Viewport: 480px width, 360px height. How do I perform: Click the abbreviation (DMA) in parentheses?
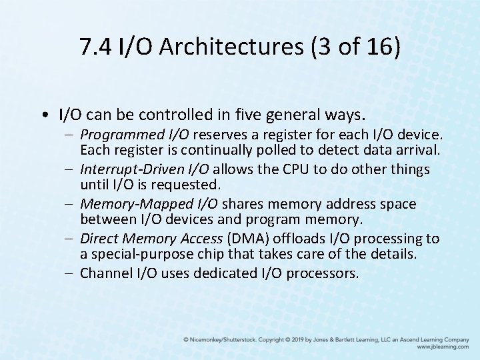[x=243, y=239]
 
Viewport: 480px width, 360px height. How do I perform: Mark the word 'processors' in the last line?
[x=325, y=273]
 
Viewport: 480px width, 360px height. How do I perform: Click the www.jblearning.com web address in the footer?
[x=443, y=347]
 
